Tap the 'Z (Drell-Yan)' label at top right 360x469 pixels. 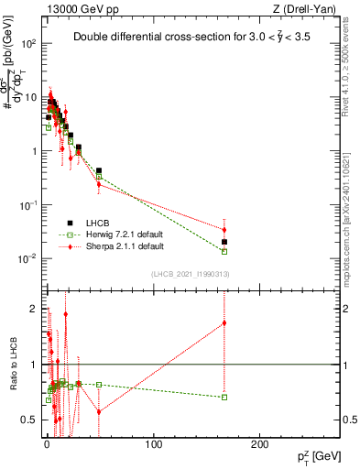[308, 7]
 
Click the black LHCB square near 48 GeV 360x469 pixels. [99, 170]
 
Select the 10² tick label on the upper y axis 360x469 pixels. [27, 43]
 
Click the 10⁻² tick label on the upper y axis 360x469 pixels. [27, 258]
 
